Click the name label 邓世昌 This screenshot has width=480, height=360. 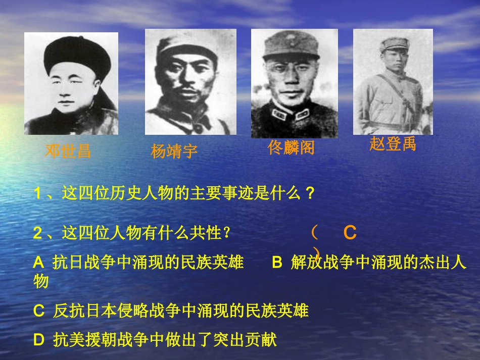68,151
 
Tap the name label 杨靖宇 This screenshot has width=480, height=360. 174,151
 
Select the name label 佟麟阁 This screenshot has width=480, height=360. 291,147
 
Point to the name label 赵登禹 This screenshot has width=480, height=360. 393,144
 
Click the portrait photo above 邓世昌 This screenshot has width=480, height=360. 71,84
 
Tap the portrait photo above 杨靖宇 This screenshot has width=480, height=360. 190,82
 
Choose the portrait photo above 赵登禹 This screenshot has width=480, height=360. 393,81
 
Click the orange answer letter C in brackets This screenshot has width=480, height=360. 350,233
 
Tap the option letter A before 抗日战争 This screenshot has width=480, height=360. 38,263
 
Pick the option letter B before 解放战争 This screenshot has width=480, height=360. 277,263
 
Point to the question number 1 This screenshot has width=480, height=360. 37,193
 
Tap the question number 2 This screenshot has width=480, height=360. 37,233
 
